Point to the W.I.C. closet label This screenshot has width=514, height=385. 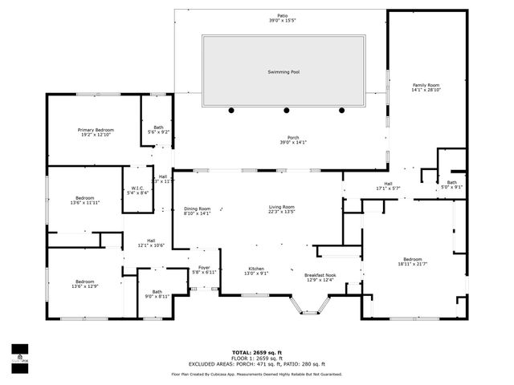coord(137,190)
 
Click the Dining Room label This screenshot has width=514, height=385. coord(197,210)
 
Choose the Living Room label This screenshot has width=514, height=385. coord(282,209)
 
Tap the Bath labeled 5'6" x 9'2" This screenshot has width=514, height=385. coord(158,129)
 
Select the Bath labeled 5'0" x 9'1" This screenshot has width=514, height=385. coord(451,184)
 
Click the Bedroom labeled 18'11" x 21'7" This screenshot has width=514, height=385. coord(413,261)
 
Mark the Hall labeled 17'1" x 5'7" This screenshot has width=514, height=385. coord(388,186)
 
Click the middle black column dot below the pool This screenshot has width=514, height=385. coord(285,110)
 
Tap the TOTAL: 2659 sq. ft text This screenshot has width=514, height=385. coord(256,352)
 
